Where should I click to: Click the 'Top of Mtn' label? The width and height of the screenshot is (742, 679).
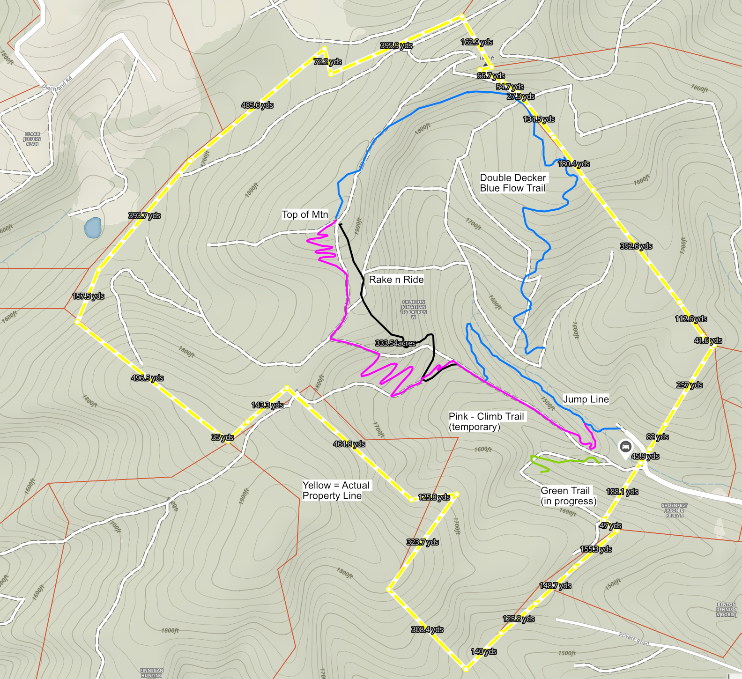click(305, 214)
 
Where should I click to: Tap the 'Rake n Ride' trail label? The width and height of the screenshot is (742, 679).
click(396, 280)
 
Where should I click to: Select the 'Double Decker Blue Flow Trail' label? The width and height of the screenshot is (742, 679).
click(513, 183)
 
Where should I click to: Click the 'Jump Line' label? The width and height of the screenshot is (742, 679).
click(586, 399)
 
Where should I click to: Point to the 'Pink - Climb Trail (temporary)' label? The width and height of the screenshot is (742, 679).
click(486, 421)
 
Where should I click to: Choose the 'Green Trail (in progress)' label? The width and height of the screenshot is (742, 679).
click(568, 496)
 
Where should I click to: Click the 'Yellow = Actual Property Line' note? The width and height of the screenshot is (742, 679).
click(336, 490)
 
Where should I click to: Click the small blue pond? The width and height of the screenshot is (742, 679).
click(93, 228)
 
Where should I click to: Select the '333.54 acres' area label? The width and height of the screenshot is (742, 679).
click(395, 343)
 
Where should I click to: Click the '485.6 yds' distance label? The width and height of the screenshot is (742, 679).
click(257, 105)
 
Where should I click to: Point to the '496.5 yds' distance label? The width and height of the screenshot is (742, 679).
click(148, 378)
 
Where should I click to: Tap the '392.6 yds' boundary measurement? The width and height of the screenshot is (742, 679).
click(636, 246)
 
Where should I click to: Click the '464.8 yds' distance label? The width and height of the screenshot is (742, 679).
click(349, 444)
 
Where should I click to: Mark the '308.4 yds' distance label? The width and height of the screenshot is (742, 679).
click(427, 629)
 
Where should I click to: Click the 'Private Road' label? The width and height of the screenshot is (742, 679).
click(634, 639)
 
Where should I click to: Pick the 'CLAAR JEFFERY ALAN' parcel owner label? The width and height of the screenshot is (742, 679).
click(32, 139)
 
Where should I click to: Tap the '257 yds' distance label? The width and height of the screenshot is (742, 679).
click(690, 385)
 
